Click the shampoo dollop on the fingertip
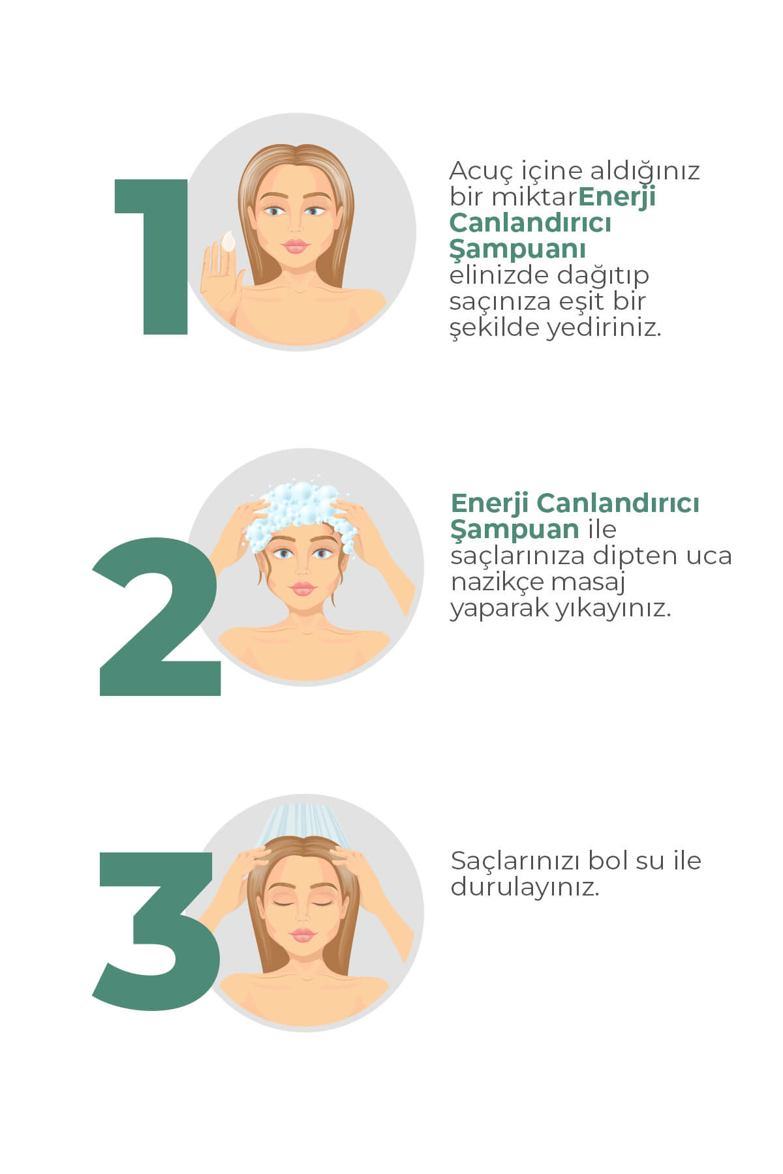[228, 241]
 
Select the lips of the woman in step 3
[302, 935]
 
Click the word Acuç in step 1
[483, 172]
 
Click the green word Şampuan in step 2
[515, 530]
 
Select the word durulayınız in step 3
[525, 888]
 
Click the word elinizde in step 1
[499, 275]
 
